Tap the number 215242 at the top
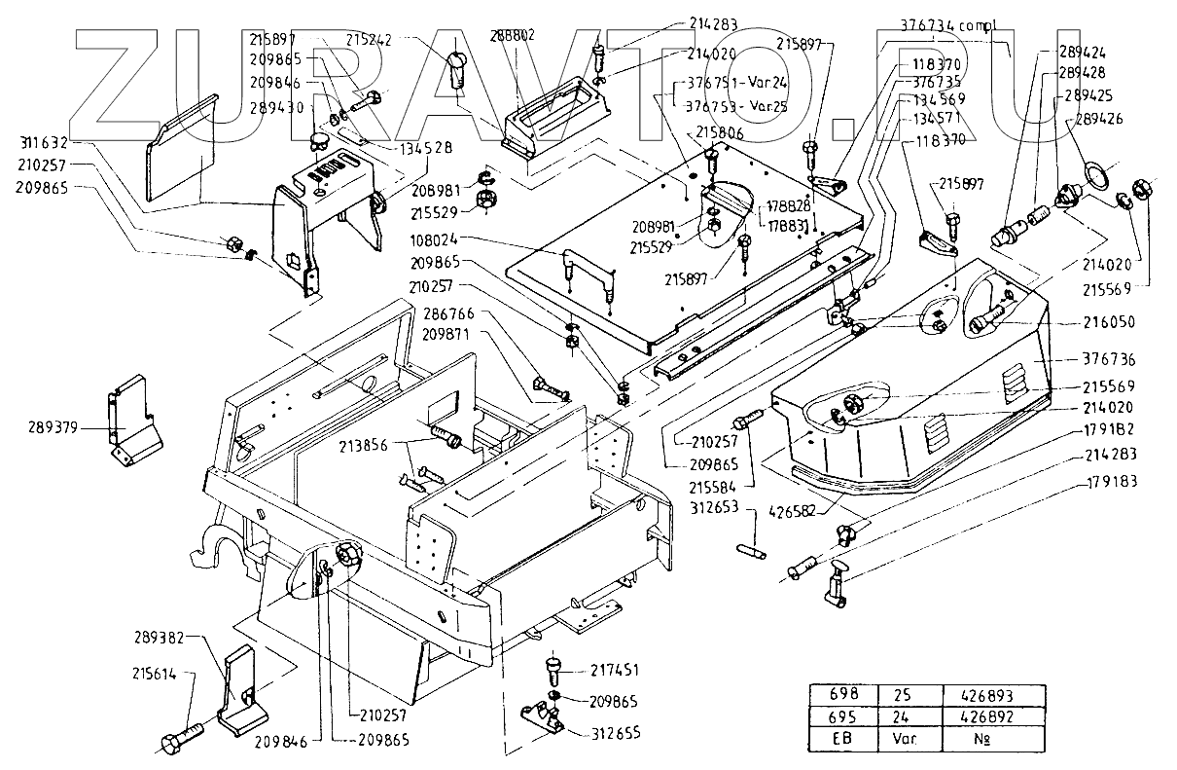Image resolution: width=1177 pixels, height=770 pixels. click(371, 41)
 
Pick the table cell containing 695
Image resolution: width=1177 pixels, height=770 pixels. click(842, 717)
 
